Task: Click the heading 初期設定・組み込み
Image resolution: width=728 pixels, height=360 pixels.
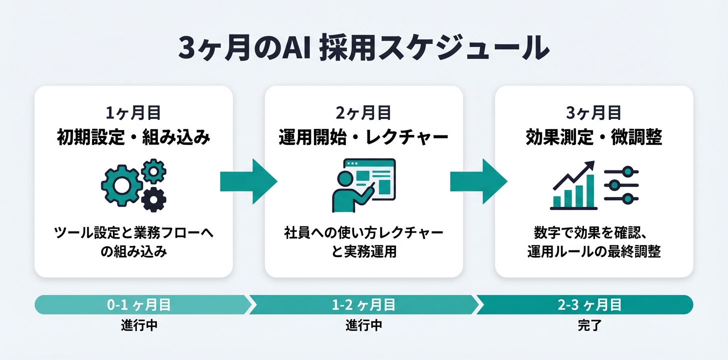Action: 133,137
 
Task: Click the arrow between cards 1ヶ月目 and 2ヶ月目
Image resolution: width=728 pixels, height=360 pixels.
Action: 248,181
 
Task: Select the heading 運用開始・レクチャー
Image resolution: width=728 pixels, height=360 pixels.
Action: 363,137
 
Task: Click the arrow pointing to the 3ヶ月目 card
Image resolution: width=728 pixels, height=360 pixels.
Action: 478,181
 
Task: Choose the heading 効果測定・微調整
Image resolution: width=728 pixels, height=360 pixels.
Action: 594,137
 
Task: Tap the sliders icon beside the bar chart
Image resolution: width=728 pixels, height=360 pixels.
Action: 621,185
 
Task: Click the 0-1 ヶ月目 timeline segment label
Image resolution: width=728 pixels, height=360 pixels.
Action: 139,304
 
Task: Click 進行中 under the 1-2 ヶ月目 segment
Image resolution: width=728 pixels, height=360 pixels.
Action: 363,325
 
